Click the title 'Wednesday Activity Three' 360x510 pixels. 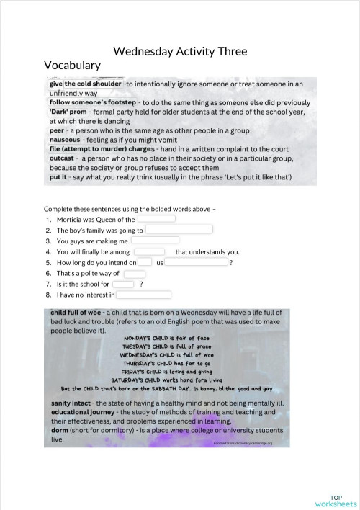tap(180, 51)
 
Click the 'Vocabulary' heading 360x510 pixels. tap(72, 66)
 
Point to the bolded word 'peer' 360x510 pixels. tap(56, 131)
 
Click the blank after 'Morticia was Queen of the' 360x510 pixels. tap(156, 219)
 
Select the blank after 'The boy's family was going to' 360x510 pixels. tap(179, 230)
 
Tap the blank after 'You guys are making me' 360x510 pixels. tap(155, 241)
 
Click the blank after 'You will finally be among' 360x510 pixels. tap(150, 252)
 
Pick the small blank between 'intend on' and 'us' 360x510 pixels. tap(145, 263)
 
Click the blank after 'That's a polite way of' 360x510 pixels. tap(135, 274)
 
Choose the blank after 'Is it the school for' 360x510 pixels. tap(123, 285)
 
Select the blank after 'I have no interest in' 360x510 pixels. tap(144, 295)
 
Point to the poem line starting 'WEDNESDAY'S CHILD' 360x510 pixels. tap(166, 354)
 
